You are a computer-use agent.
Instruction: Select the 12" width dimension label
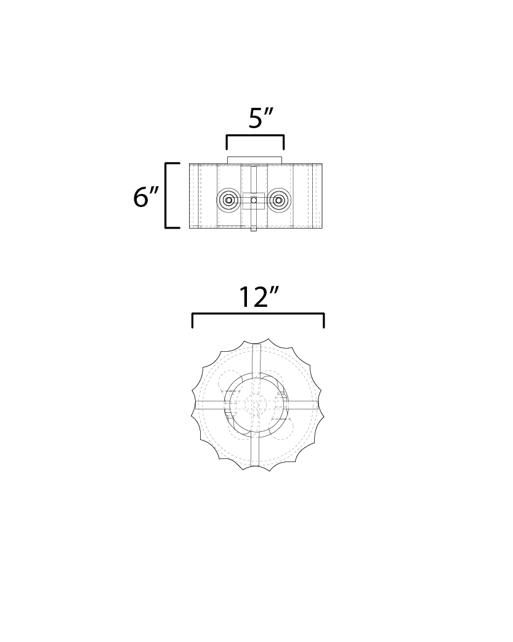click(259, 297)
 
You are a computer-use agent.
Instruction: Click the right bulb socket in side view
click(279, 200)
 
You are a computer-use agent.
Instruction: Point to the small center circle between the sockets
click(254, 200)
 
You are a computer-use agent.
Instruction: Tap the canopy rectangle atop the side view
click(255, 160)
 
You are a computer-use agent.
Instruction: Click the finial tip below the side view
click(254, 229)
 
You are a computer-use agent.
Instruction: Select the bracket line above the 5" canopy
click(255, 136)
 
